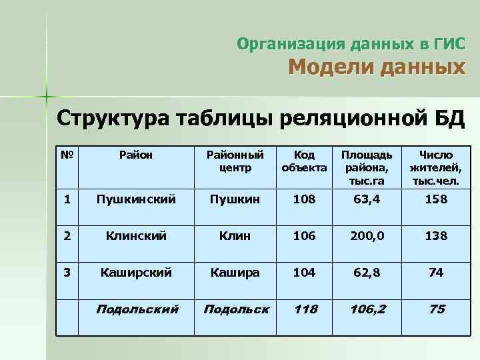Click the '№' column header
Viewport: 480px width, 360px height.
pyautogui.click(x=65, y=155)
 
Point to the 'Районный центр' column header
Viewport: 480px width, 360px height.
pyautogui.click(x=235, y=161)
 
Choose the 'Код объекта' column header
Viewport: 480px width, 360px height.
pyautogui.click(x=304, y=161)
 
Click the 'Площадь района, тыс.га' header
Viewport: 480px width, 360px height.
pyautogui.click(x=371, y=167)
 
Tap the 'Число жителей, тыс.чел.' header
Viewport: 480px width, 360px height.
pyautogui.click(x=437, y=167)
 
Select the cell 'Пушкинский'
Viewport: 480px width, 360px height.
pyautogui.click(x=136, y=199)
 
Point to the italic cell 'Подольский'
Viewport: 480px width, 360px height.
pyautogui.click(x=137, y=309)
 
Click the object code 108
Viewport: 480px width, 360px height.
pyautogui.click(x=304, y=199)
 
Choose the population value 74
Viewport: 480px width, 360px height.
pyautogui.click(x=437, y=272)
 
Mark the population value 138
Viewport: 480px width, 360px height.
pyautogui.click(x=437, y=235)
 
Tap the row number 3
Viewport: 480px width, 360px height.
pyautogui.click(x=65, y=272)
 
